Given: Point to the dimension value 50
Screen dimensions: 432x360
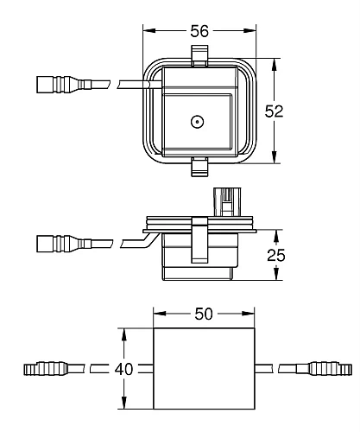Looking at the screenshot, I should pyautogui.click(x=205, y=314).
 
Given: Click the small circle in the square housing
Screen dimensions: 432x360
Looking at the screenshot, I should pyautogui.click(x=198, y=122).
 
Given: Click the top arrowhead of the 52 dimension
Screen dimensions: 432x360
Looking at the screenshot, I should pyautogui.click(x=275, y=63).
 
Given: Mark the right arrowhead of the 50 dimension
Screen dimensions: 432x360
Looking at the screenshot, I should pyautogui.click(x=252, y=314).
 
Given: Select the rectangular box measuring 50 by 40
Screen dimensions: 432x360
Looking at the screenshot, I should pyautogui.click(x=205, y=370).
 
